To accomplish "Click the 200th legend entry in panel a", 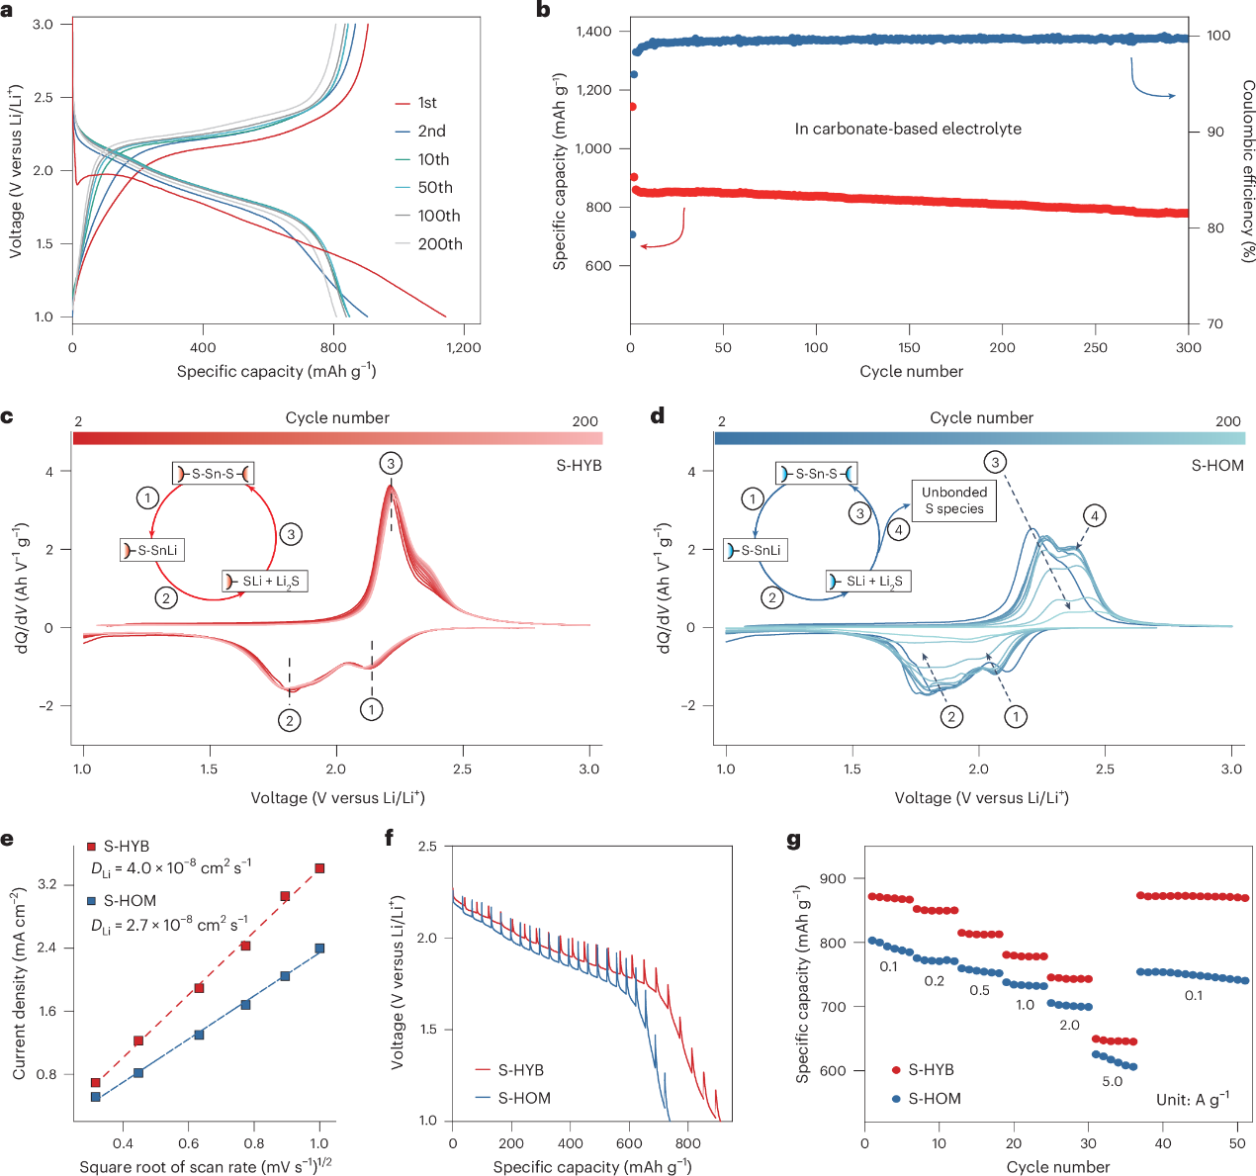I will (x=439, y=244).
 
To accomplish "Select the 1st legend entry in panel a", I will (x=426, y=103).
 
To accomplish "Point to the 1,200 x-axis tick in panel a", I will (x=463, y=347).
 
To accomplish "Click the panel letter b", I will (x=543, y=10).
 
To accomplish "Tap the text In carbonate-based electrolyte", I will (x=908, y=129).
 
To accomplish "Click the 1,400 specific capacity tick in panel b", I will (x=593, y=32).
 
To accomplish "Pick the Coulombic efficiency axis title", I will (x=1247, y=171).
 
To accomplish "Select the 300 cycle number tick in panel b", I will (x=1188, y=347).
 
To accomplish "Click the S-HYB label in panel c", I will (x=580, y=465).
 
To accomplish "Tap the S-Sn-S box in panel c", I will (x=213, y=474).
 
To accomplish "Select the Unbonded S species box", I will (x=954, y=500).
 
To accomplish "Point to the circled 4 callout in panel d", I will (x=1094, y=515).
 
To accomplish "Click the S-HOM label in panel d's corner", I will (x=1217, y=465).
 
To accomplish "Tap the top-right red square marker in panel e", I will (x=319, y=868).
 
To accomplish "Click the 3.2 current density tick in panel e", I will (x=47, y=884).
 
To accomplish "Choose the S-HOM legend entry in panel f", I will (x=523, y=1098).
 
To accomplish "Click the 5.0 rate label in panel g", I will (x=1113, y=1081).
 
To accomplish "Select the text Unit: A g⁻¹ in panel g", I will (x=1193, y=1099).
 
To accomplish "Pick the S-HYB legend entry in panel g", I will (x=931, y=1070).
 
